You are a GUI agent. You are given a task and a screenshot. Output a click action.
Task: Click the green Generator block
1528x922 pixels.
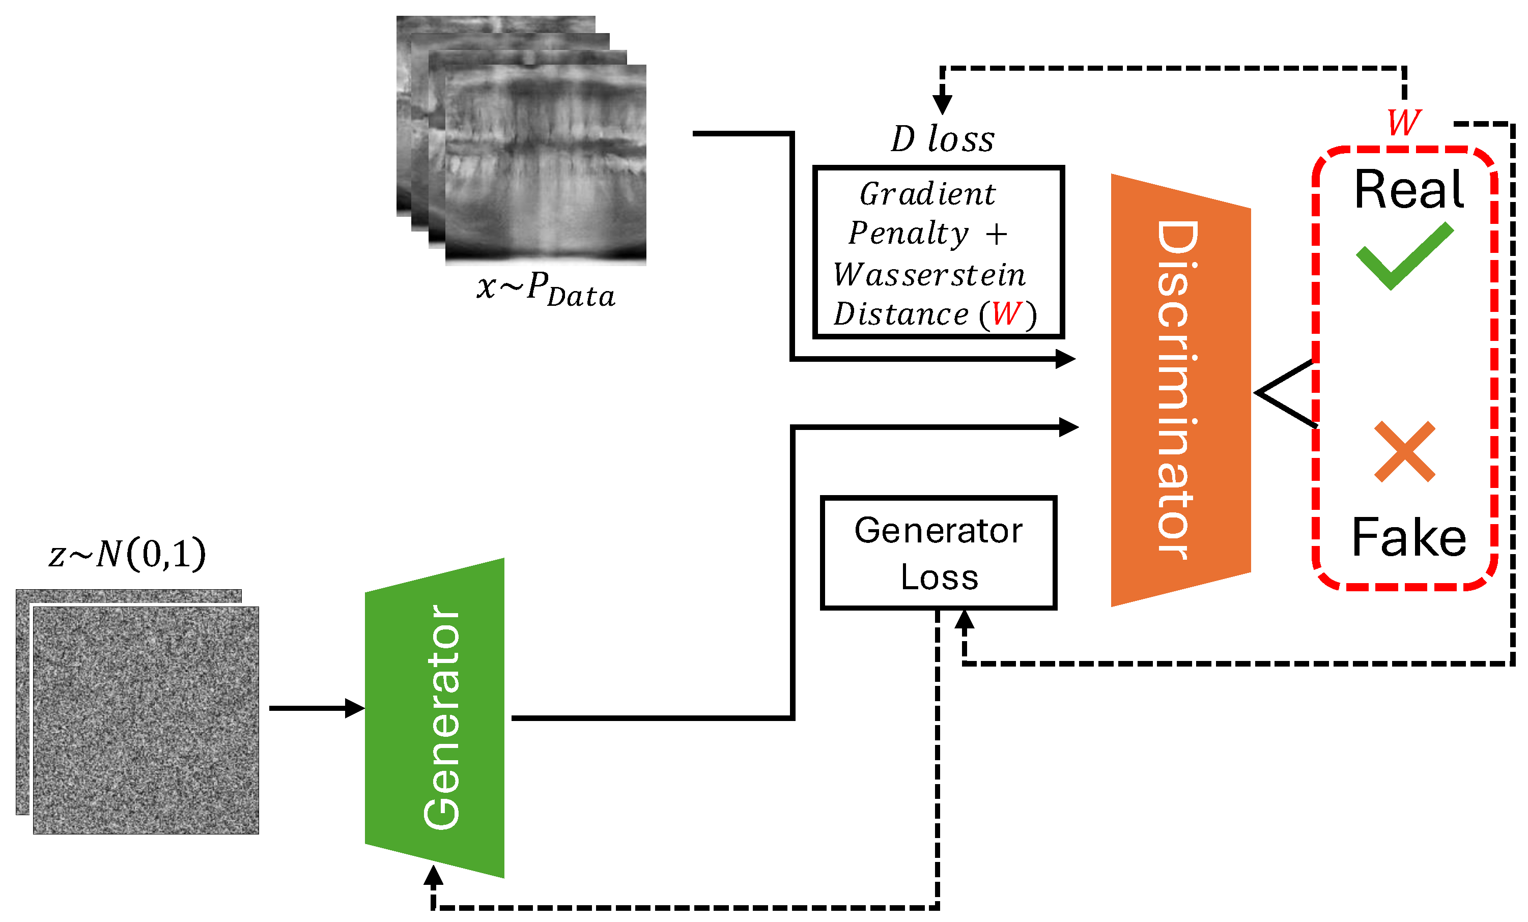tap(434, 717)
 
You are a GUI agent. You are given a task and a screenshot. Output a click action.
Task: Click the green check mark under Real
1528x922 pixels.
tap(1405, 255)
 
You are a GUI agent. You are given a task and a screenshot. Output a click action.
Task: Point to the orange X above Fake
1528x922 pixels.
tap(1405, 451)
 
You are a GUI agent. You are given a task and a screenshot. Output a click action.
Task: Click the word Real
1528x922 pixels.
tap(1409, 189)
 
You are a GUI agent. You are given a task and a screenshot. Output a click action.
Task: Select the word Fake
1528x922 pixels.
tap(1409, 536)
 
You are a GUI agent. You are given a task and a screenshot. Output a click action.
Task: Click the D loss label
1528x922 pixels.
tap(943, 139)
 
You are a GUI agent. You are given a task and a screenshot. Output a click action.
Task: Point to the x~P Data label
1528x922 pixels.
tap(546, 290)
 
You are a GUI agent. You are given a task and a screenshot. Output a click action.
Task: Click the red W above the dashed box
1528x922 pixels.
tap(1404, 122)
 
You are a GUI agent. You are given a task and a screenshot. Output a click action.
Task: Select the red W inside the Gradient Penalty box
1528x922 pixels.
tap(1006, 314)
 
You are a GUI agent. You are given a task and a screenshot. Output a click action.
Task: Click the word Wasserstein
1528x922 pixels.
tap(929, 275)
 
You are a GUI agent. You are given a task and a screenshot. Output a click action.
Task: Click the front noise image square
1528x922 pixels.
tap(146, 720)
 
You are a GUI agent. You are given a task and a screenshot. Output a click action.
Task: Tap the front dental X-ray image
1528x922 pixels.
tap(546, 165)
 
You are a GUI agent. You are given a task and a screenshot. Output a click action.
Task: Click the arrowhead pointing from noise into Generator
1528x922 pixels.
tap(355, 708)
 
